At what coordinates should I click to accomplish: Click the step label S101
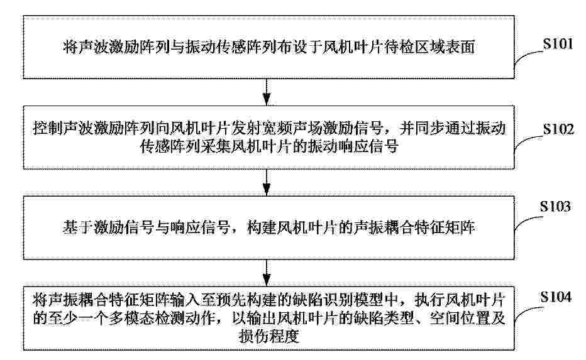(558, 44)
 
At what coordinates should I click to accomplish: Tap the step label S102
(558, 129)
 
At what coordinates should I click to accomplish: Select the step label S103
(555, 206)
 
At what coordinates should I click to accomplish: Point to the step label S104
(556, 297)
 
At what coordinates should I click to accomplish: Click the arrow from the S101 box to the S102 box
(267, 92)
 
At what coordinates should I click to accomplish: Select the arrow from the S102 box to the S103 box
(267, 182)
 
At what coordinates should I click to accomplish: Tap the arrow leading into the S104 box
(267, 273)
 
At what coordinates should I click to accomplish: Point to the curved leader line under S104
(527, 311)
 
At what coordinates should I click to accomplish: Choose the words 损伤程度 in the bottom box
(269, 337)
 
